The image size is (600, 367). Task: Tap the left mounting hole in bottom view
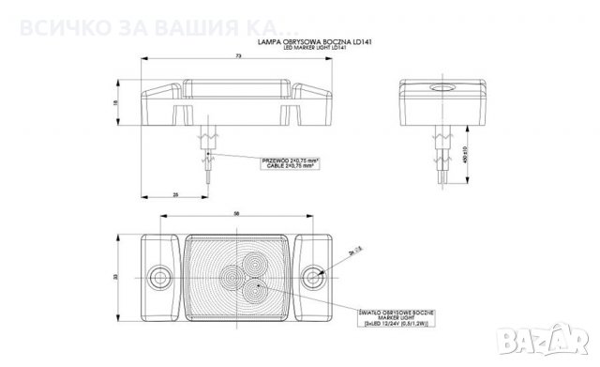pos(157,277)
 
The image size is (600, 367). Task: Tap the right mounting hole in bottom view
pos(316,277)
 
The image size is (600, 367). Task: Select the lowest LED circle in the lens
pos(251,291)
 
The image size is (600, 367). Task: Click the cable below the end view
pos(441,160)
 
